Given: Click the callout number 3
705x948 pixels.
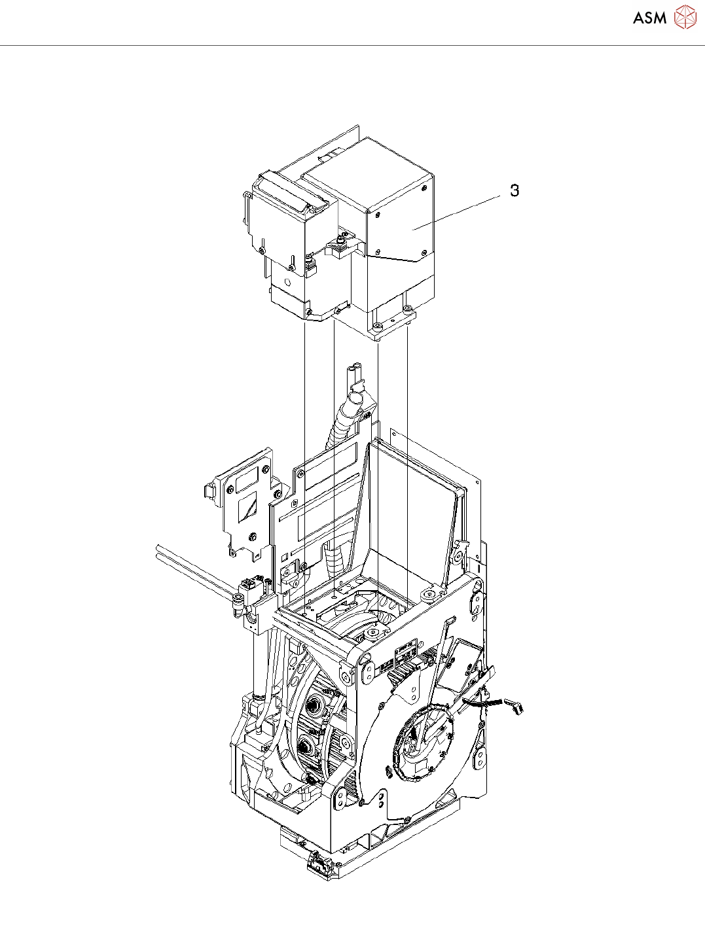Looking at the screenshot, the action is point(515,190).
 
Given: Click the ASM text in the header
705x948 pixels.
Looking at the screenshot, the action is point(650,18).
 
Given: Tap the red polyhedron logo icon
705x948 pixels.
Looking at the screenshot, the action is point(685,17).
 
